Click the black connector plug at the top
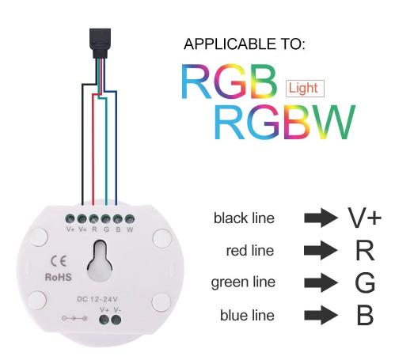point(100,43)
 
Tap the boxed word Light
point(305,89)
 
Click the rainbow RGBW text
point(285,122)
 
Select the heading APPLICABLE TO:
point(245,44)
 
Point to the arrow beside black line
point(321,218)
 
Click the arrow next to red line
point(321,250)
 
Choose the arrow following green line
point(321,282)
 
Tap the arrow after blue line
point(321,315)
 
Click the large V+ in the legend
point(365,218)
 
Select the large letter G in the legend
point(365,282)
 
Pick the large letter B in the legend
point(365,315)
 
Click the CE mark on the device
point(59,261)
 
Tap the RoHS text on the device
point(59,277)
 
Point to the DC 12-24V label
point(97,299)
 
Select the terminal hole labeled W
point(130,219)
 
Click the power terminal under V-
point(116,320)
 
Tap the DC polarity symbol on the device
point(74,319)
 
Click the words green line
point(243,282)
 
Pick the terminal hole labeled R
point(94,219)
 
